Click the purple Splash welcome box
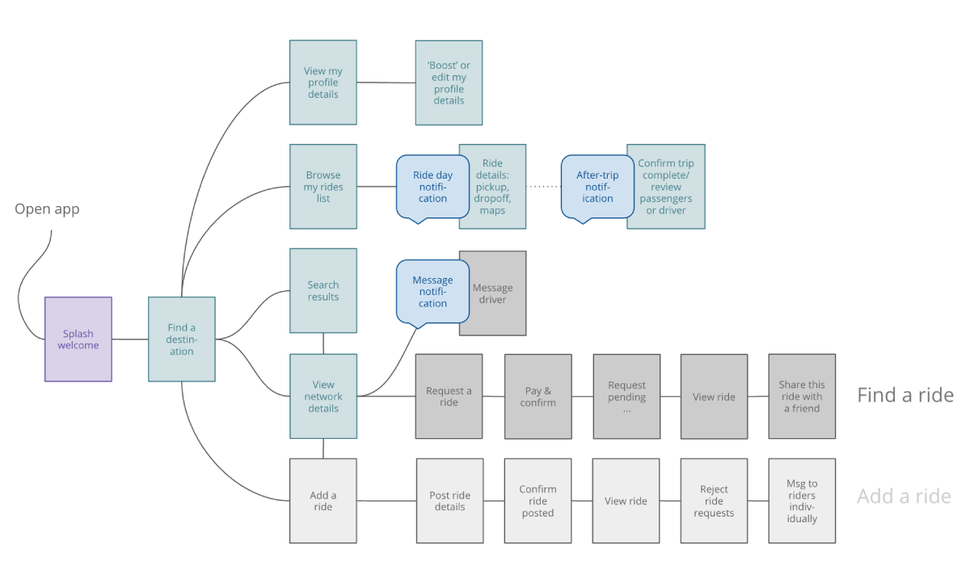pos(78,339)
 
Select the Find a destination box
pos(182,339)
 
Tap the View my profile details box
pos(323,82)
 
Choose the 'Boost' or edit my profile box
pos(449,82)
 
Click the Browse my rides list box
pos(323,187)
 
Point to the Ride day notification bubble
pos(432,187)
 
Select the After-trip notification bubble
pos(597,187)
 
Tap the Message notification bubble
pos(432,292)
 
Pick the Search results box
pos(323,290)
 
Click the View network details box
pos(323,396)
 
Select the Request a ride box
pos(449,396)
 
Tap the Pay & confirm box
pos(538,396)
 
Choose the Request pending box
pos(626,396)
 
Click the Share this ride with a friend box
pos(801,396)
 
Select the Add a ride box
pos(323,500)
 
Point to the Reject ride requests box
pos(714,500)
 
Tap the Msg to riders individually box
pos(801,500)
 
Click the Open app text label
pos(47,209)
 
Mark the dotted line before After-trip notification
pos(543,187)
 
